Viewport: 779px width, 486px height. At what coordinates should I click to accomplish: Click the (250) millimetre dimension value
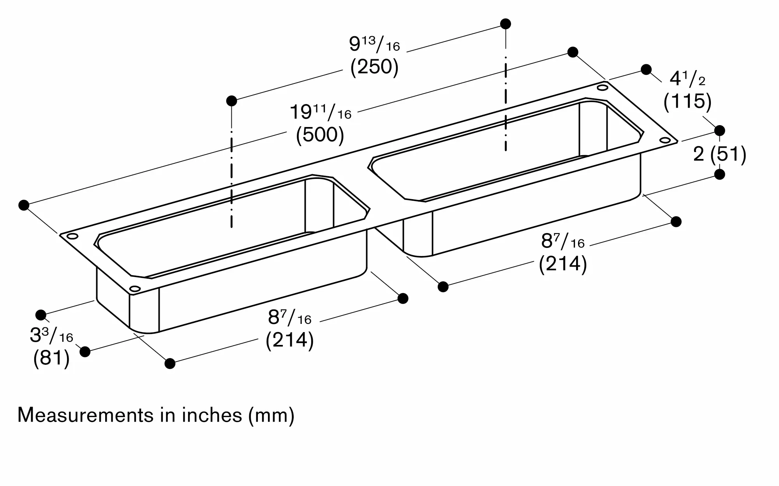(x=374, y=67)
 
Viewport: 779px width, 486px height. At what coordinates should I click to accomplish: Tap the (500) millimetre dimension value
(x=320, y=135)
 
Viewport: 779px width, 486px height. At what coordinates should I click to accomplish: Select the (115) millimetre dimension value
(x=687, y=101)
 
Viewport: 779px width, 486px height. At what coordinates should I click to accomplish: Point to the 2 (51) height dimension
(x=719, y=154)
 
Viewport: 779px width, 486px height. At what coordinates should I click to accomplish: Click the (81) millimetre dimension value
(x=51, y=358)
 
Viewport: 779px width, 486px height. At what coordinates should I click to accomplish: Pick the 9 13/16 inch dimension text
(x=374, y=45)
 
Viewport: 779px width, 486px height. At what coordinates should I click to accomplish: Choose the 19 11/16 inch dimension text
(x=320, y=113)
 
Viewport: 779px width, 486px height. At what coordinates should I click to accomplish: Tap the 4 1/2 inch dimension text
(x=687, y=80)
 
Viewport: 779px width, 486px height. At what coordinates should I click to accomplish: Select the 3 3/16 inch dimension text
(x=51, y=336)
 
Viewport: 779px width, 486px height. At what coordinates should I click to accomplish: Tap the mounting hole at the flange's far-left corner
(x=72, y=236)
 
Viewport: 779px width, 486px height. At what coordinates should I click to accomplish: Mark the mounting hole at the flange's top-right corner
(x=603, y=88)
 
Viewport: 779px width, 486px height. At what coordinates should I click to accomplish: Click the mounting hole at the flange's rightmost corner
(x=665, y=140)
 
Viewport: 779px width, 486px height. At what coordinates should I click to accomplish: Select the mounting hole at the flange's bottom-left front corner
(x=135, y=289)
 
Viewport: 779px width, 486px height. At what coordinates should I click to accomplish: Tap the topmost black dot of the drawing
(x=506, y=24)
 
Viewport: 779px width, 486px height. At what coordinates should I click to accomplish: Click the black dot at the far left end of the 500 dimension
(x=24, y=205)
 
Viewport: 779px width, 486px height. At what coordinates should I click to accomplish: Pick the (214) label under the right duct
(x=562, y=264)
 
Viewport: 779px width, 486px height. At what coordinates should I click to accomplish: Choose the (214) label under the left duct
(x=289, y=340)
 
